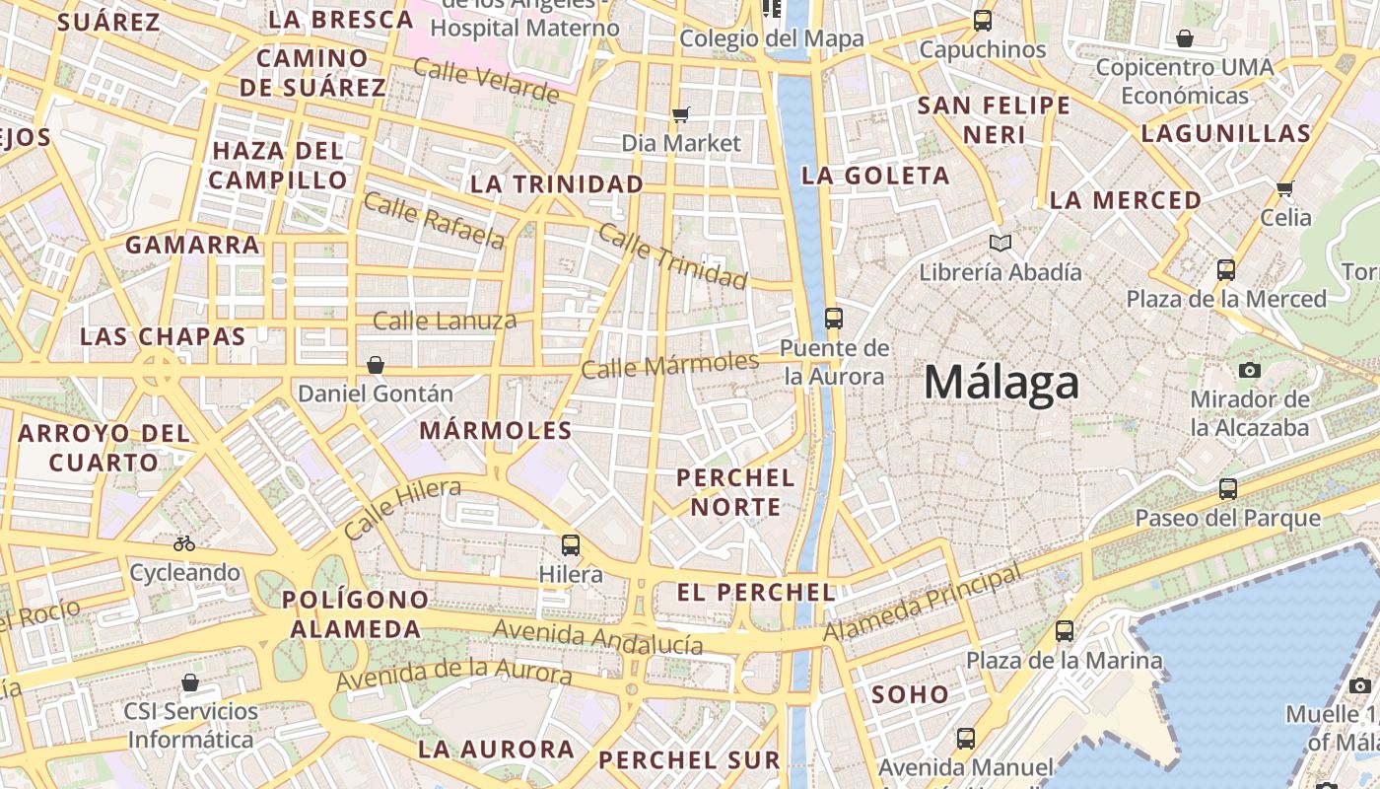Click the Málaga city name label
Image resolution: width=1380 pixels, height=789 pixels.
point(1001,383)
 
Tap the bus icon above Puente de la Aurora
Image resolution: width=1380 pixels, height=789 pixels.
point(834,318)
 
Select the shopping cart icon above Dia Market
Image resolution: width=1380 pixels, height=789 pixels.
point(681,114)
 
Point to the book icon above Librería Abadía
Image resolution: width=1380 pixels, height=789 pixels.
point(1000,243)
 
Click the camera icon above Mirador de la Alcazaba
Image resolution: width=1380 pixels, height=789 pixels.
point(1250,370)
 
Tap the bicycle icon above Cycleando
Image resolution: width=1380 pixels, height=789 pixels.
point(184,543)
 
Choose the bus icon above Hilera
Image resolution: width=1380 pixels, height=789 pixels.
point(571,544)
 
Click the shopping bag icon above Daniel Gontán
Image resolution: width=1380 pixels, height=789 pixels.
point(376,365)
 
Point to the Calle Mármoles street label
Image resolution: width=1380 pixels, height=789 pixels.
point(670,366)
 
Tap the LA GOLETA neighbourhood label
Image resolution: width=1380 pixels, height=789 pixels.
point(876,176)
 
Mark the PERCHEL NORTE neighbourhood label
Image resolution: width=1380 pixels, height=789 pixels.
point(735,492)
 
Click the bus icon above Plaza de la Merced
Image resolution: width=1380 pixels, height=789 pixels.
point(1226,269)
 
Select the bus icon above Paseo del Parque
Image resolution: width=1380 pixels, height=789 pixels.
point(1228,488)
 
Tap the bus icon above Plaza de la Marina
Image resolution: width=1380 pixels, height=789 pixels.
point(1065,630)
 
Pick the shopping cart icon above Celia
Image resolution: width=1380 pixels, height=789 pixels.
point(1284,188)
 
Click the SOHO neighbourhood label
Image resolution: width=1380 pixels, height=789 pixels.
point(910,694)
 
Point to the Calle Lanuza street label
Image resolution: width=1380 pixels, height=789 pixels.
point(445,321)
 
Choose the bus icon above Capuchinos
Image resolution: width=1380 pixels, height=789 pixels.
point(983,20)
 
